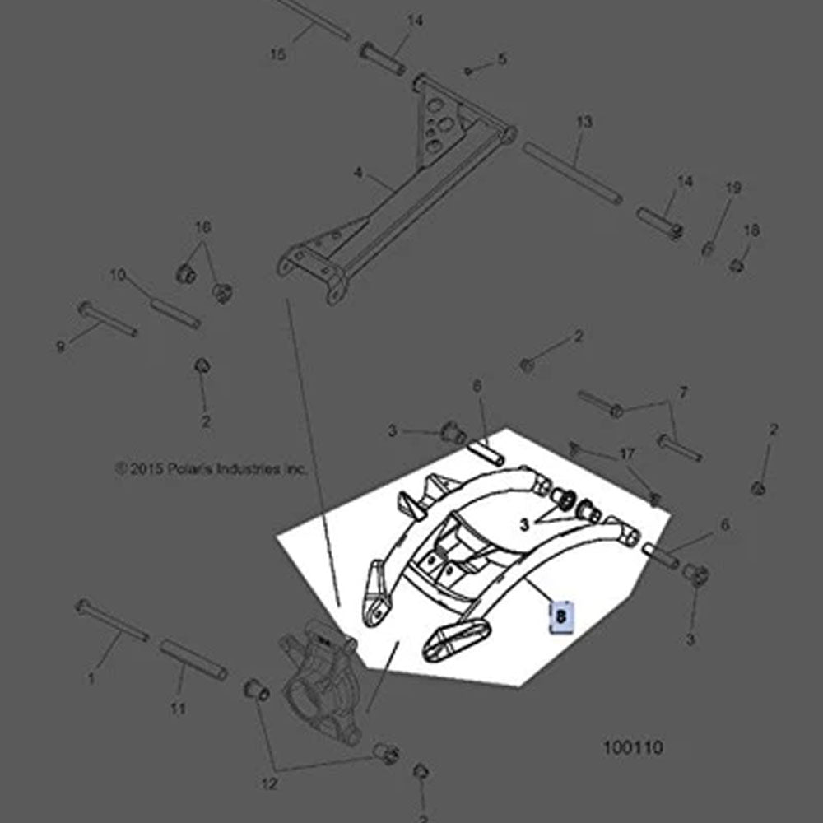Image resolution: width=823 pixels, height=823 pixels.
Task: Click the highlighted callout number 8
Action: pyautogui.click(x=561, y=615)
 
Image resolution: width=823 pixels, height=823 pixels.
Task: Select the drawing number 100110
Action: pyautogui.click(x=632, y=747)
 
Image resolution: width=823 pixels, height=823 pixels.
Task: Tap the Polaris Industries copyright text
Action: pyautogui.click(x=211, y=468)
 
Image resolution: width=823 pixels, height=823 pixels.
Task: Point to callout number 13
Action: pyautogui.click(x=584, y=122)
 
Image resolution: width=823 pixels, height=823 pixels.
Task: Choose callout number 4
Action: pyautogui.click(x=358, y=173)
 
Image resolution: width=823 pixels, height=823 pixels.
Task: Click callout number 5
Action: pyautogui.click(x=501, y=59)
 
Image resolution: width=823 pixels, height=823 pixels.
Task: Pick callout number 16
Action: pyautogui.click(x=202, y=226)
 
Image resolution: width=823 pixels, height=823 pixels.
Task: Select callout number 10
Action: pyautogui.click(x=118, y=275)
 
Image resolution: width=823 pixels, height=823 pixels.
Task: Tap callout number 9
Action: pyautogui.click(x=60, y=347)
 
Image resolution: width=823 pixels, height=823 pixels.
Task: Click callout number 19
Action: pyautogui.click(x=732, y=188)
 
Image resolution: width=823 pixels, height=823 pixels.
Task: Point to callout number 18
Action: pyautogui.click(x=751, y=230)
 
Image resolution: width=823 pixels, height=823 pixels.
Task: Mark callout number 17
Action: pyautogui.click(x=627, y=453)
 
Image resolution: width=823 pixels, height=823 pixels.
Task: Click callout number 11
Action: pyautogui.click(x=178, y=708)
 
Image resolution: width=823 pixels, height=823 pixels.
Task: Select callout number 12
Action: pyautogui.click(x=269, y=784)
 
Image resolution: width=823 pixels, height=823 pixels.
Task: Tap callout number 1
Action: pyautogui.click(x=91, y=679)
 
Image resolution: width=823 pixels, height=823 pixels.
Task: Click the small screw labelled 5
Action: pyautogui.click(x=468, y=72)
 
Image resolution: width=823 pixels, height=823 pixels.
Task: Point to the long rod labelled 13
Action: pyautogui.click(x=571, y=171)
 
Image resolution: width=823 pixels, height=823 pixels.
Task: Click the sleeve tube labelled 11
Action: pyautogui.click(x=194, y=660)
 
